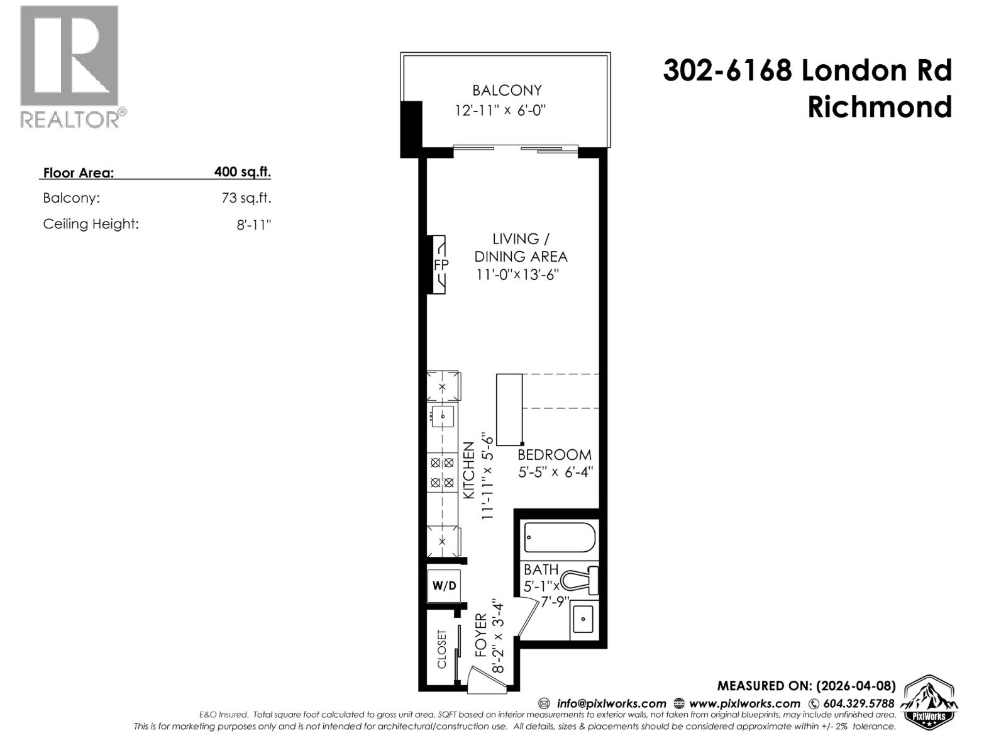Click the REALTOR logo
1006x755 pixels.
[69, 65]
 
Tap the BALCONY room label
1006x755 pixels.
[507, 91]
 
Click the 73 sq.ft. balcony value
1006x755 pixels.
[246, 198]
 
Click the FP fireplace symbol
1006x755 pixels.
[440, 265]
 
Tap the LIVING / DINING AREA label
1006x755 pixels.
[520, 248]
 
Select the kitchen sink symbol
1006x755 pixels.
[443, 416]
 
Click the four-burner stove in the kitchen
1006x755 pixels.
[442, 473]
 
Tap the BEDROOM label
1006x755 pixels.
[554, 455]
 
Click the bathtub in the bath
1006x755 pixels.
[560, 539]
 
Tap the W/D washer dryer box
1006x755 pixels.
[445, 586]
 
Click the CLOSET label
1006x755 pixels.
[441, 649]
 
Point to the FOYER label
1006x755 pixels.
[481, 635]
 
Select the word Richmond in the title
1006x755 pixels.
[879, 107]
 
